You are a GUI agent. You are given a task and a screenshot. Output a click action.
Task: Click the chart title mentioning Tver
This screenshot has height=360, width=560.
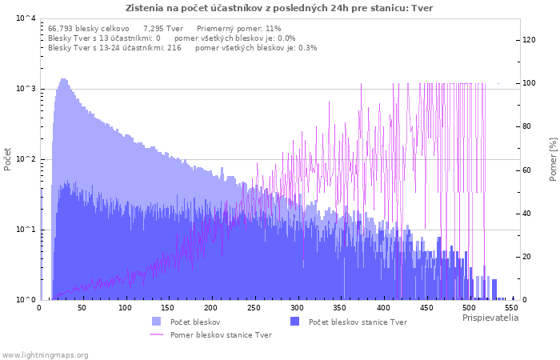tap(279, 8)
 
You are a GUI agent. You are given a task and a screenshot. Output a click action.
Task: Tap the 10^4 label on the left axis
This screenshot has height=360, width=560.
tap(26, 18)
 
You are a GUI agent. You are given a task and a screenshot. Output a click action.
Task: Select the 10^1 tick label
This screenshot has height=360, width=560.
tap(26, 230)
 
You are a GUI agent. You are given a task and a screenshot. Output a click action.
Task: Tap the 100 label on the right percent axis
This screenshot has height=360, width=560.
tap(529, 83)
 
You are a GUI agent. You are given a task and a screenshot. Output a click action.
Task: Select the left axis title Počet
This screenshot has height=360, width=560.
tap(7, 159)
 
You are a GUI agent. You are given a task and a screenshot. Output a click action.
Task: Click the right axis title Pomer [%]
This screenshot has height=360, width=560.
tap(553, 159)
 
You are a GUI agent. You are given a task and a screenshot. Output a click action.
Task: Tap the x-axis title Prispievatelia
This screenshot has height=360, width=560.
tap(490, 318)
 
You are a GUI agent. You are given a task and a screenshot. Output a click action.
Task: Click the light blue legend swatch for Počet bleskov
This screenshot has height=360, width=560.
tap(157, 322)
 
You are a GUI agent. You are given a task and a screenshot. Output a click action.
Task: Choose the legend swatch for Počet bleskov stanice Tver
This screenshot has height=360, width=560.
tap(294, 322)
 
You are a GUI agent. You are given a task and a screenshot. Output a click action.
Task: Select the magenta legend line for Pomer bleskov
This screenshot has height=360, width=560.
tap(157, 334)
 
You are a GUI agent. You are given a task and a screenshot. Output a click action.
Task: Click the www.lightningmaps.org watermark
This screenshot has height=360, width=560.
tap(45, 355)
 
